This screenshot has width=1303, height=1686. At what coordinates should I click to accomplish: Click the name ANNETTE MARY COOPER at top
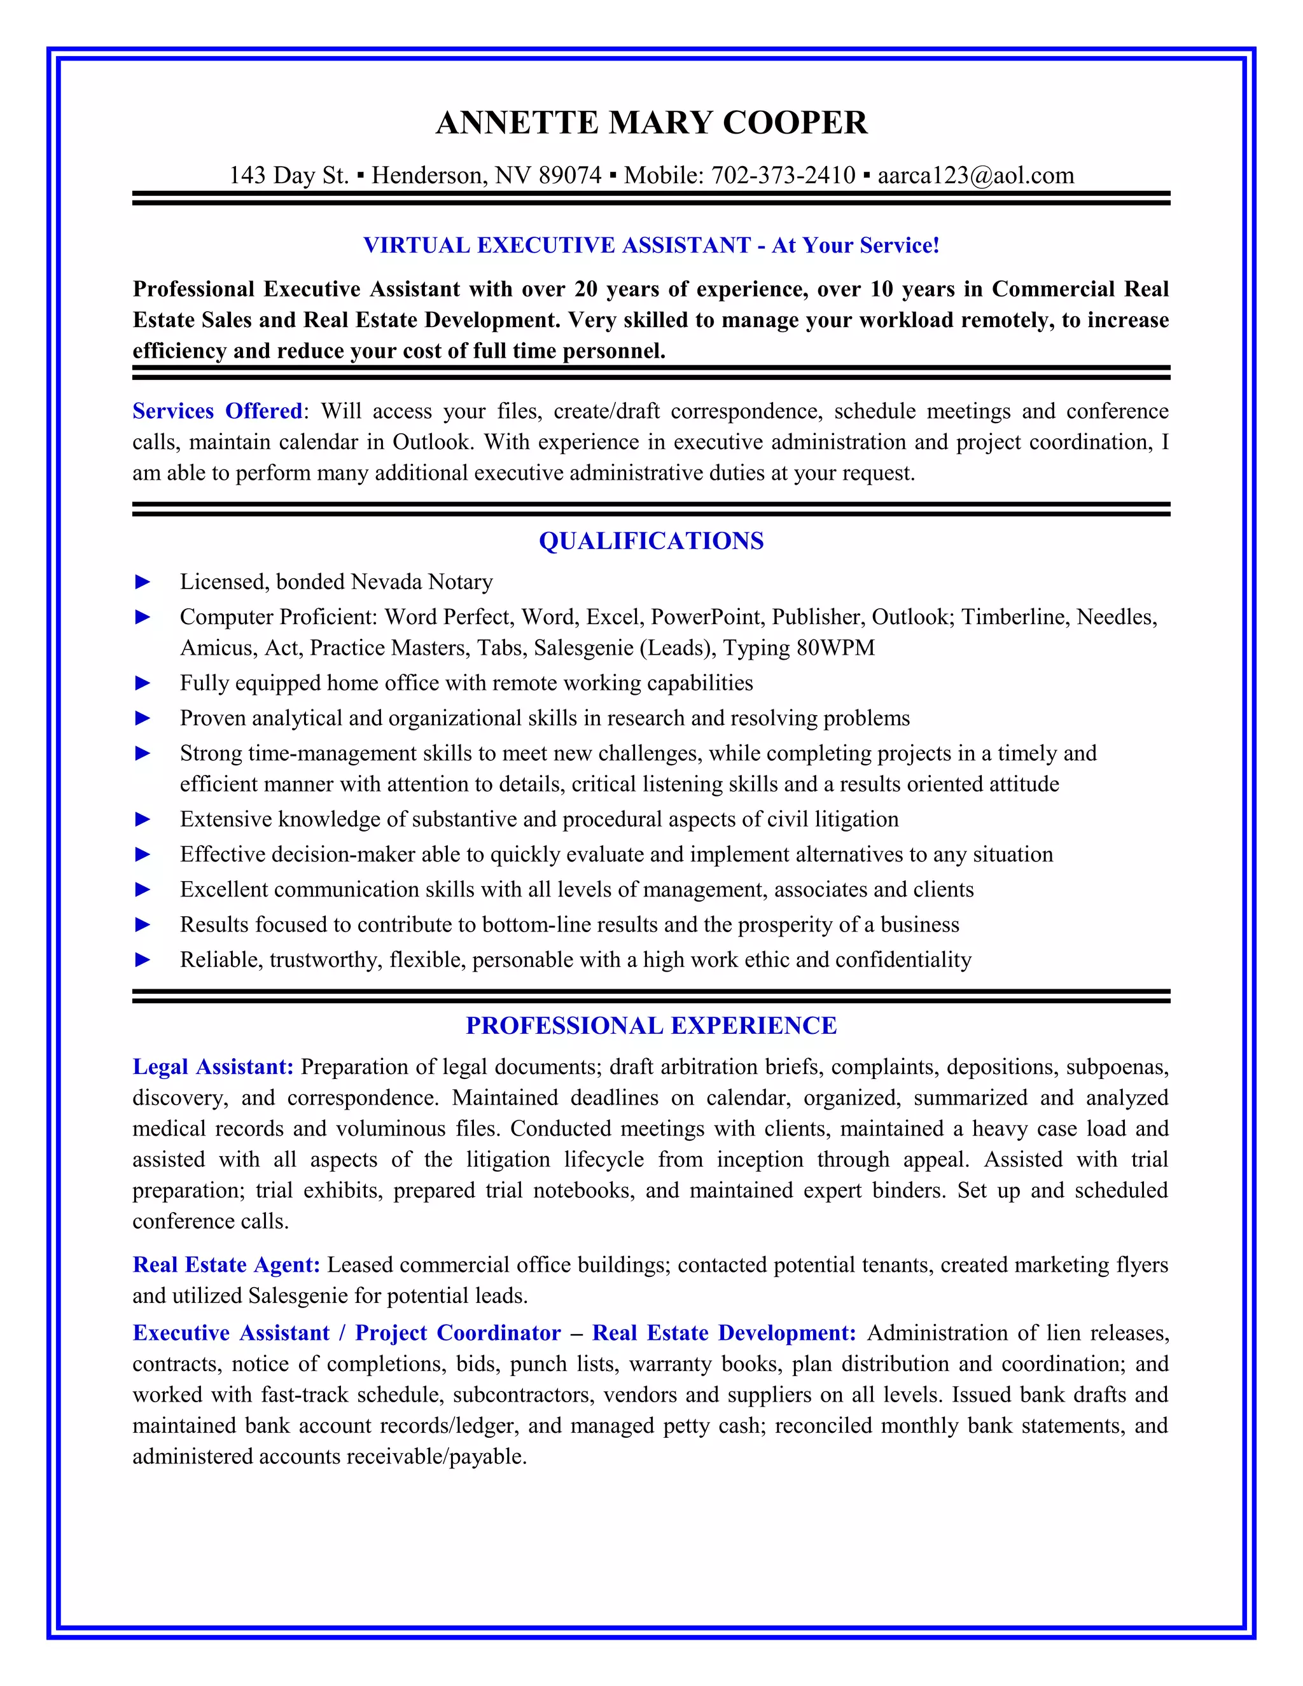click(651, 123)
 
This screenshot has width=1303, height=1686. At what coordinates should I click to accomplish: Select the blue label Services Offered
click(217, 411)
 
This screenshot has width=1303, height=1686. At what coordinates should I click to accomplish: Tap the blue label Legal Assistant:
click(213, 1067)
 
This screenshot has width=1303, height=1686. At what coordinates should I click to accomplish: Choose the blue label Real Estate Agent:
click(226, 1265)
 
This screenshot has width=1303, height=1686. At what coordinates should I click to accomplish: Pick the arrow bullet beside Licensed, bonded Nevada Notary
click(143, 582)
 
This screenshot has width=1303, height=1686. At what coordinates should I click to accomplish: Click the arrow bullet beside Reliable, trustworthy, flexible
click(143, 959)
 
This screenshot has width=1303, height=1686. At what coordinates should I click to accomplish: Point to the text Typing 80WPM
click(798, 648)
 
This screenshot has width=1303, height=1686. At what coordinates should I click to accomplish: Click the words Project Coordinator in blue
click(457, 1332)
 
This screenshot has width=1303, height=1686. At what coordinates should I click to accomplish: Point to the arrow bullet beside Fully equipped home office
click(143, 683)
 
